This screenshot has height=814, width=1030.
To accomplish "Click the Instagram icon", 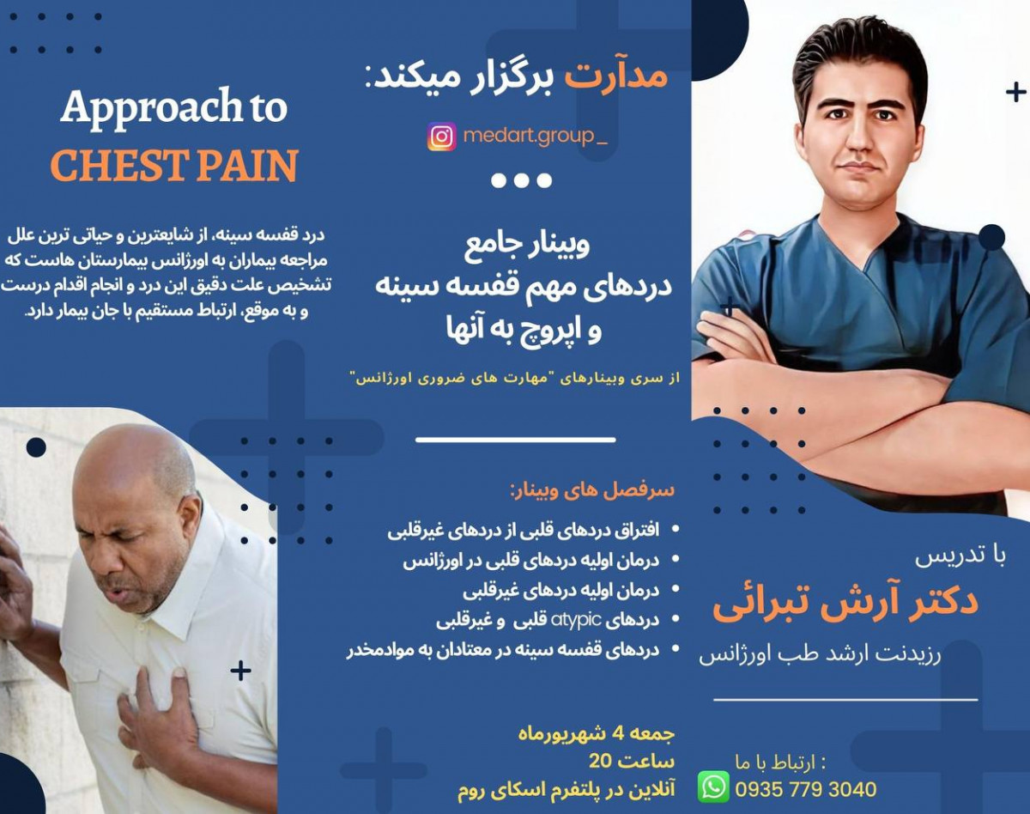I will click(442, 137).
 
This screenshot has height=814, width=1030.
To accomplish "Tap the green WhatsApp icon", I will click(713, 787).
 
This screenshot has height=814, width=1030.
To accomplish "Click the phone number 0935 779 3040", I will click(806, 789).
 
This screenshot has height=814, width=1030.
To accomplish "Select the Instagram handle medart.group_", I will click(534, 137).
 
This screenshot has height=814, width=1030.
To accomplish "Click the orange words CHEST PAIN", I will click(174, 166).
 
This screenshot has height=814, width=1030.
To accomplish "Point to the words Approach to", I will click(174, 108).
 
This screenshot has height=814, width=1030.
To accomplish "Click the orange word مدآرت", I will click(615, 76).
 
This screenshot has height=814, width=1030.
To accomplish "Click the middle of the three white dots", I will click(521, 180).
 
